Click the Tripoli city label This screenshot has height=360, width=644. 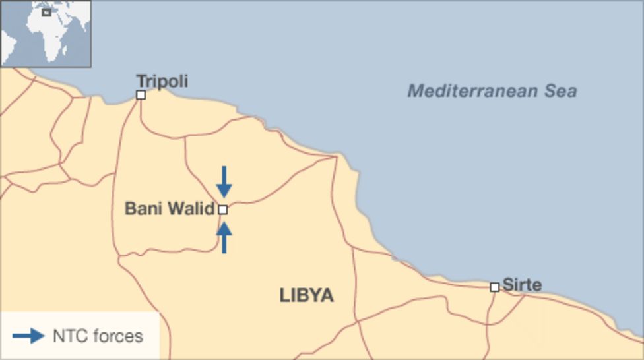[162, 81]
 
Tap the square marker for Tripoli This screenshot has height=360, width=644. [141, 95]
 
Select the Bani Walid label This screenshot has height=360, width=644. [169, 209]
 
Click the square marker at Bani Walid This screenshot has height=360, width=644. [223, 210]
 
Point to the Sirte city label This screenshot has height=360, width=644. [522, 285]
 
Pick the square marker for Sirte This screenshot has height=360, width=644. [494, 287]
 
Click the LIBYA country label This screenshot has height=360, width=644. [307, 295]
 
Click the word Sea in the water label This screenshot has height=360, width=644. [561, 91]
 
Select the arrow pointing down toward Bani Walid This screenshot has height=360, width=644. [224, 181]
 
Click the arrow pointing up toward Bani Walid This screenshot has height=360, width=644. [224, 237]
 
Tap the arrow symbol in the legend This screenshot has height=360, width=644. [28, 336]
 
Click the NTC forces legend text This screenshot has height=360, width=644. [98, 336]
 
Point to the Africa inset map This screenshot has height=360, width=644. [46, 33]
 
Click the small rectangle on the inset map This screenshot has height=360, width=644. [46, 13]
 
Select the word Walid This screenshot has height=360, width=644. [191, 209]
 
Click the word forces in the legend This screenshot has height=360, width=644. [117, 336]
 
